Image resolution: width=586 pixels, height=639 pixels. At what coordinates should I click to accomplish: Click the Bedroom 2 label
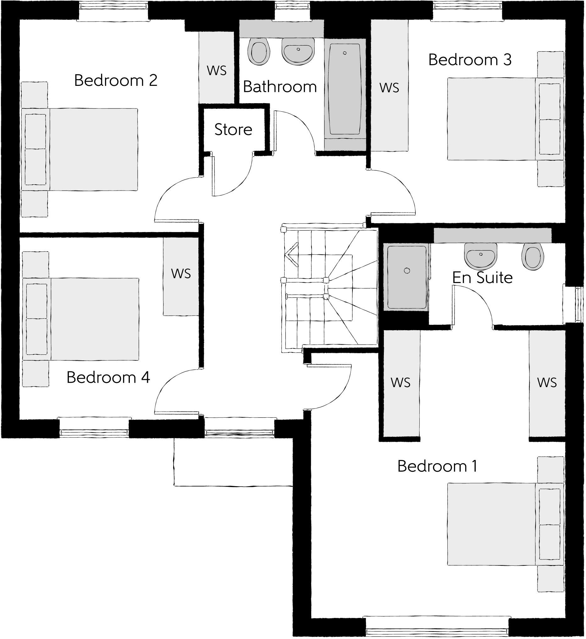click(x=116, y=81)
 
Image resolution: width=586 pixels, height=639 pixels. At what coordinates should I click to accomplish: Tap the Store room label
click(x=233, y=130)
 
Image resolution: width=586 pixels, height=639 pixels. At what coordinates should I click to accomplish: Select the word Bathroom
click(x=280, y=87)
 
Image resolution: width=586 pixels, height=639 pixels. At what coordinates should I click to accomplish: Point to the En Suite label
click(x=482, y=278)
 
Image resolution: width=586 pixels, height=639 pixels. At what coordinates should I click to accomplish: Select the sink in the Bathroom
click(x=298, y=51)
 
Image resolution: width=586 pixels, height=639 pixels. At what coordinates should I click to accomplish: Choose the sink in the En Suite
click(x=480, y=255)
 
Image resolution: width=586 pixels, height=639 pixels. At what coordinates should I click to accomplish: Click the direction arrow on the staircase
click(x=292, y=254)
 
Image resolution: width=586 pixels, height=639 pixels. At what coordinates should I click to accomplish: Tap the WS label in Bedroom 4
click(x=181, y=273)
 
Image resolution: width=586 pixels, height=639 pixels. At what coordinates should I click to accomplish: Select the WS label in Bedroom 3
click(x=389, y=88)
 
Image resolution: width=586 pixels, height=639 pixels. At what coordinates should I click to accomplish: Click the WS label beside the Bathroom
click(x=217, y=70)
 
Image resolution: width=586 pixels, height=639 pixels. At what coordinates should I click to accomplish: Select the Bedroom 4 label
click(x=108, y=377)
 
